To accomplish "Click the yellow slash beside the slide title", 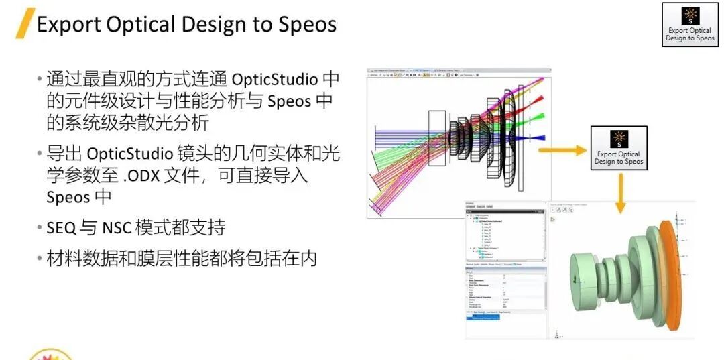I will tap(25, 24).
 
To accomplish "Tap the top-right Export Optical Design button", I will tap(690, 24).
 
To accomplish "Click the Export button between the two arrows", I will tap(618, 147).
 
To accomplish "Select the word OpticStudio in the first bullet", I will tap(275, 79).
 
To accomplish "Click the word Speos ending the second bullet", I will tap(68, 198).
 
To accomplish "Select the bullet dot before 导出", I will tap(40, 154).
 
